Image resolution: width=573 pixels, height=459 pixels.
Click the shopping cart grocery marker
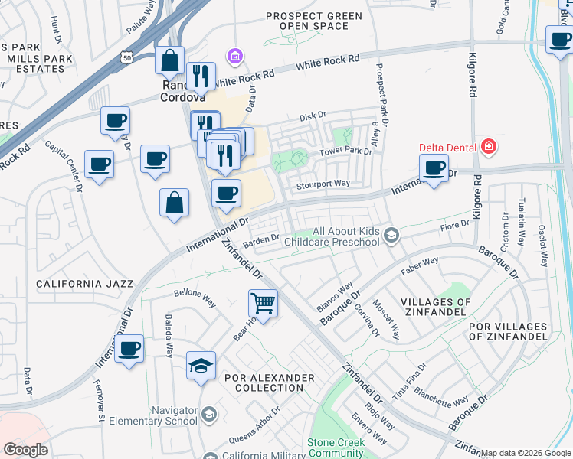pyautogui.click(x=263, y=303)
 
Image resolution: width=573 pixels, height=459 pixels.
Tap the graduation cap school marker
pyautogui.click(x=201, y=365)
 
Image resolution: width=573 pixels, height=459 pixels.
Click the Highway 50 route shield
pyautogui.click(x=126, y=57)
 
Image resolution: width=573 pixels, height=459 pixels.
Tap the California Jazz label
pyautogui.click(x=79, y=284)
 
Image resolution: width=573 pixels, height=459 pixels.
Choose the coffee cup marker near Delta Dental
pyautogui.click(x=434, y=168)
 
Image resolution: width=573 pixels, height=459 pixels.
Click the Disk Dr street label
pyautogui.click(x=313, y=116)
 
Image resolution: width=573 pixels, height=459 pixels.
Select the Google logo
pyautogui.click(x=25, y=450)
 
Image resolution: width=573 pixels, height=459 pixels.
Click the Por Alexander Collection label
pyautogui.click(x=269, y=382)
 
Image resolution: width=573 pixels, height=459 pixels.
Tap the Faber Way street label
pyautogui.click(x=420, y=265)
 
